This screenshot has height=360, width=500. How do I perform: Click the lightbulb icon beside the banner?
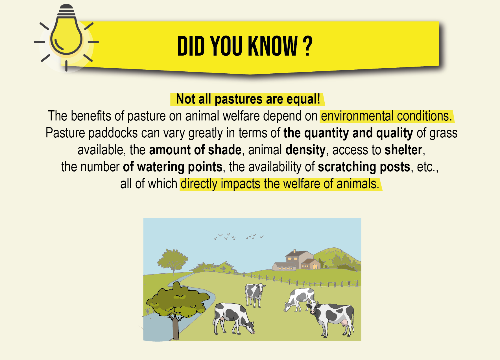pos(66,37)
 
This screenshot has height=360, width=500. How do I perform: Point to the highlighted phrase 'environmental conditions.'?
pos(387,116)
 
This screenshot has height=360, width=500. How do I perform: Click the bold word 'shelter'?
pos(403,150)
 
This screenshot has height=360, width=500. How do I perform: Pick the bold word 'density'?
pos(305,150)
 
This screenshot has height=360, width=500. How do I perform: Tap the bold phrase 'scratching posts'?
pos(364,167)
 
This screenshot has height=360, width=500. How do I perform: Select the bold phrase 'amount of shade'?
pos(195,150)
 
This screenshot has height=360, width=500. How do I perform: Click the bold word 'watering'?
pos(161,167)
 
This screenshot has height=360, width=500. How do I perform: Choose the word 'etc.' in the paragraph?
pos(426,167)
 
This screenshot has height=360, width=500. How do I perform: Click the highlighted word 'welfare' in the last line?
pos(302,184)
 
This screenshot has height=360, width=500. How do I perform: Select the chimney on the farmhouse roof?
pos(294,251)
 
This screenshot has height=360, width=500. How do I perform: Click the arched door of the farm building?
pos(315,266)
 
